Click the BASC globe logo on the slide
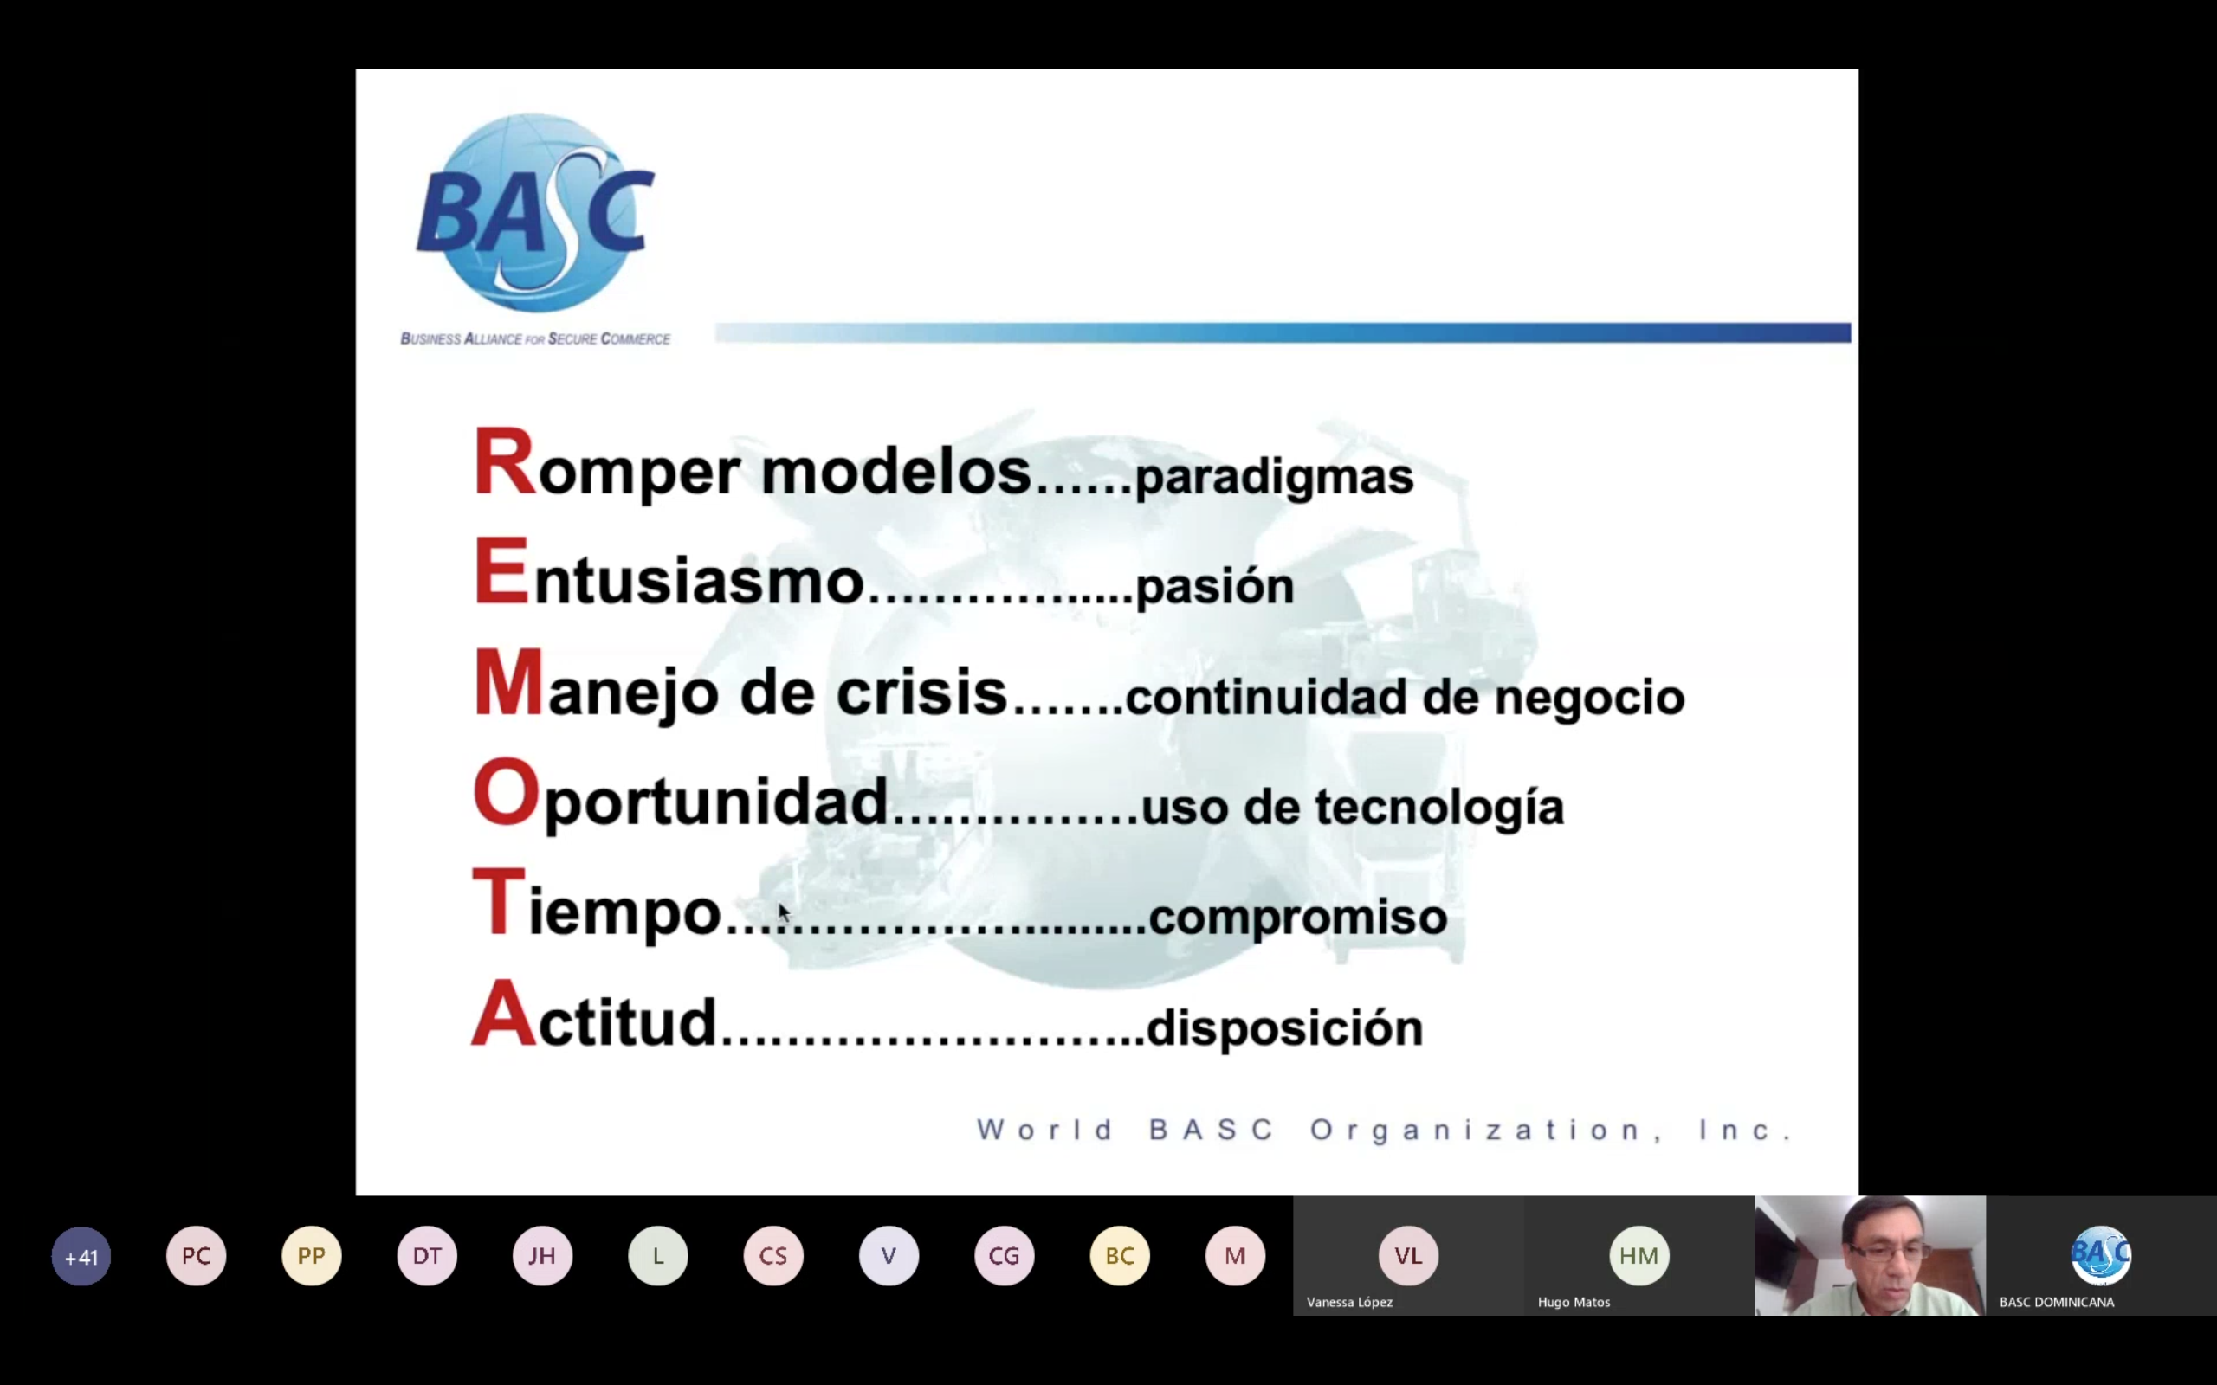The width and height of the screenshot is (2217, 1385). pyautogui.click(x=535, y=214)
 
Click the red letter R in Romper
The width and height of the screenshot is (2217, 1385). pyautogui.click(x=504, y=461)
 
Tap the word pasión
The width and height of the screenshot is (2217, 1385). pyautogui.click(x=1214, y=587)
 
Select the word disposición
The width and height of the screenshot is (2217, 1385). pyautogui.click(x=1284, y=1027)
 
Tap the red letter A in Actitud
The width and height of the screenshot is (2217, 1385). pyautogui.click(x=504, y=1013)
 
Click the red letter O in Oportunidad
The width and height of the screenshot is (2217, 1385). pyautogui.click(x=507, y=792)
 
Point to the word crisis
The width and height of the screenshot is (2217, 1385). pyautogui.click(x=921, y=692)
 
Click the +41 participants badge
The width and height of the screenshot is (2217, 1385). pyautogui.click(x=81, y=1256)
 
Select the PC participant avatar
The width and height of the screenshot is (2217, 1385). pyautogui.click(x=196, y=1256)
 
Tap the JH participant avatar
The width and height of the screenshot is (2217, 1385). pyautogui.click(x=542, y=1256)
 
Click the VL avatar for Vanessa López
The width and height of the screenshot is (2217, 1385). pyautogui.click(x=1408, y=1256)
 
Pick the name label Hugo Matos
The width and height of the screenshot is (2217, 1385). pyautogui.click(x=1574, y=1302)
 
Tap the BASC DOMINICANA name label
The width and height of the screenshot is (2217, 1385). pyautogui.click(x=2057, y=1302)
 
